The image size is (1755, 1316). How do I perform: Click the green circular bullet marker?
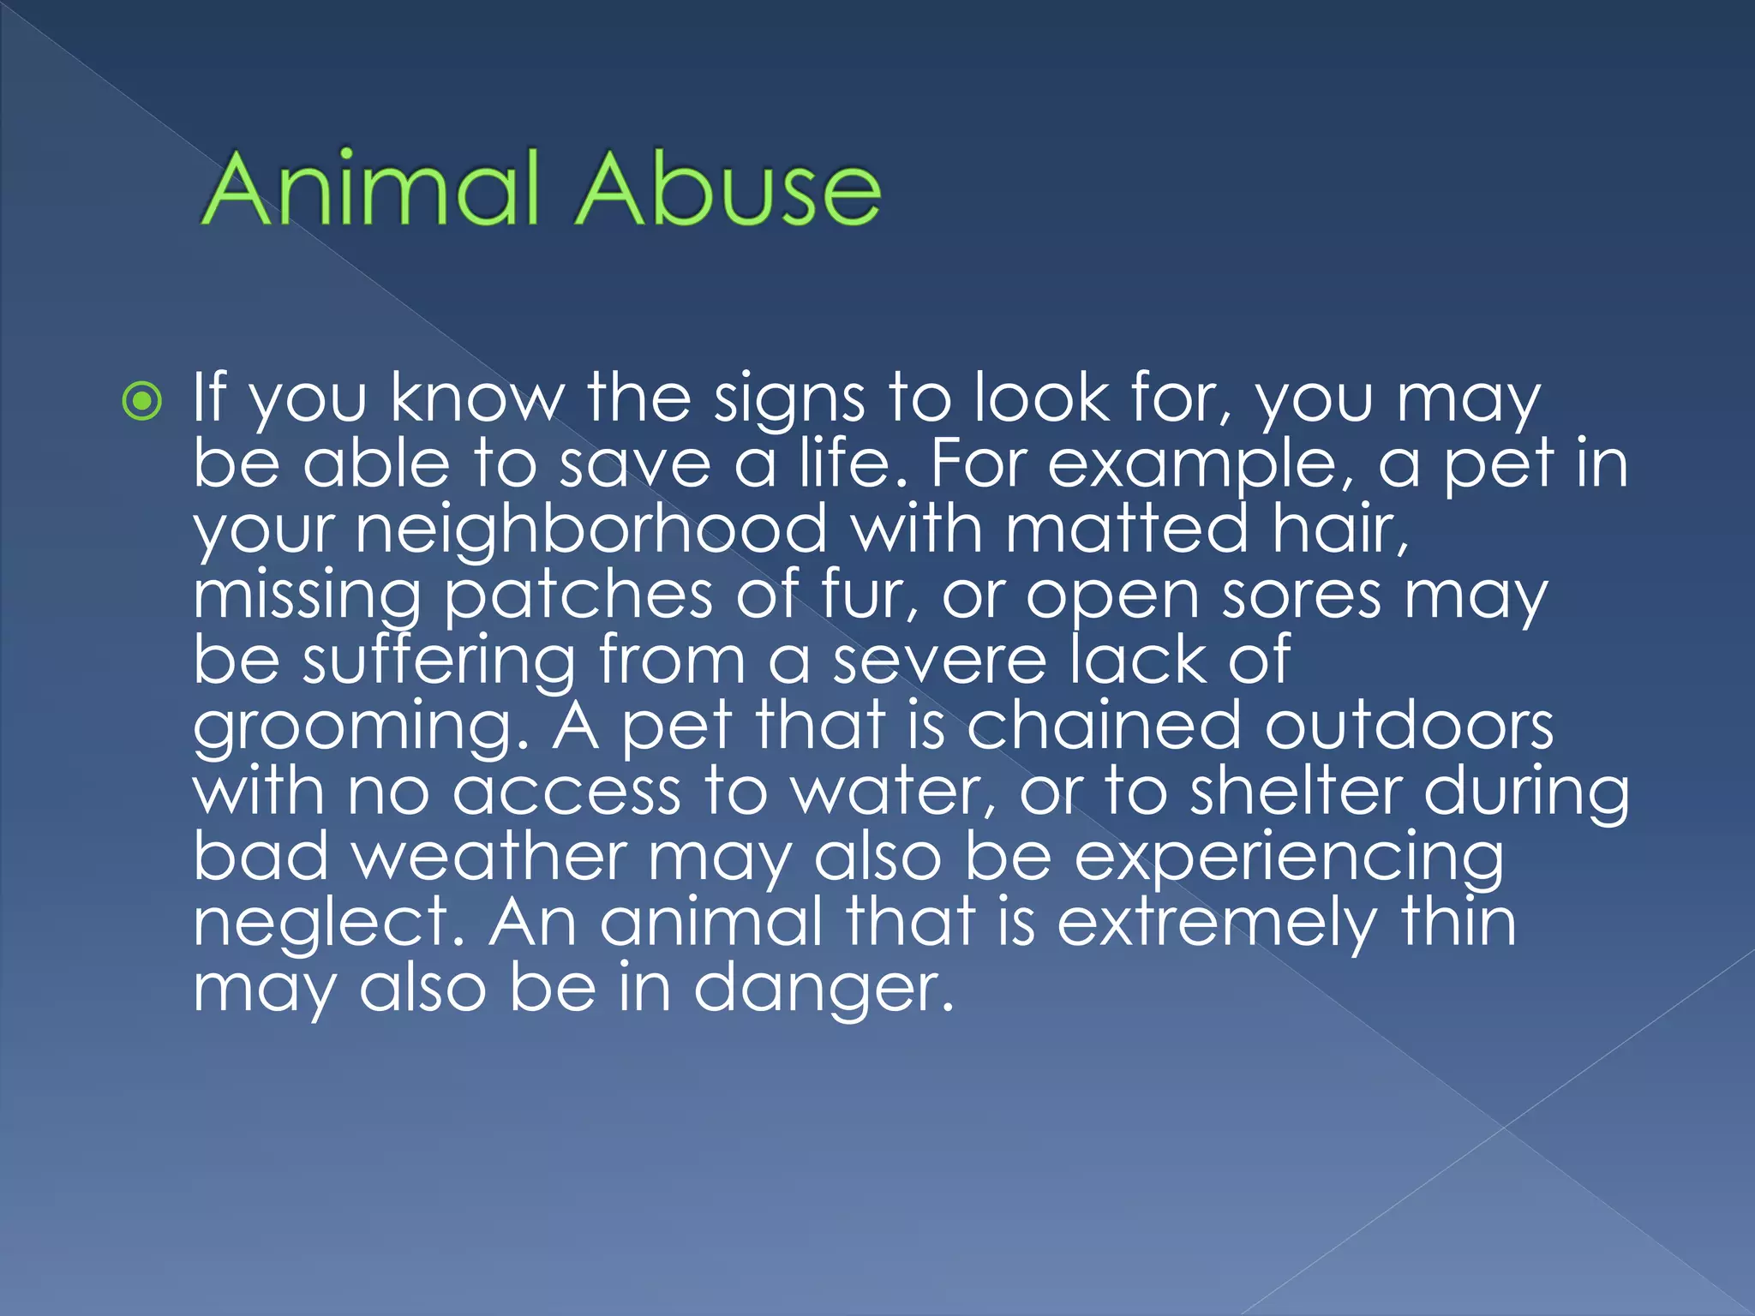(142, 401)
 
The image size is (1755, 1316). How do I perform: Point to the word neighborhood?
(591, 529)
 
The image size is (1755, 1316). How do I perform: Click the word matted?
(1127, 529)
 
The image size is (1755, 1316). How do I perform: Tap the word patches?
(578, 595)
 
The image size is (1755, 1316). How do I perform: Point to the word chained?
(1104, 726)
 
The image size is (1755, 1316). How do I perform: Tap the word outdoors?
(1409, 726)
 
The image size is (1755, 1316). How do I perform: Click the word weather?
(491, 856)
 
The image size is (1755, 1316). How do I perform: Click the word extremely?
(1217, 924)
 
